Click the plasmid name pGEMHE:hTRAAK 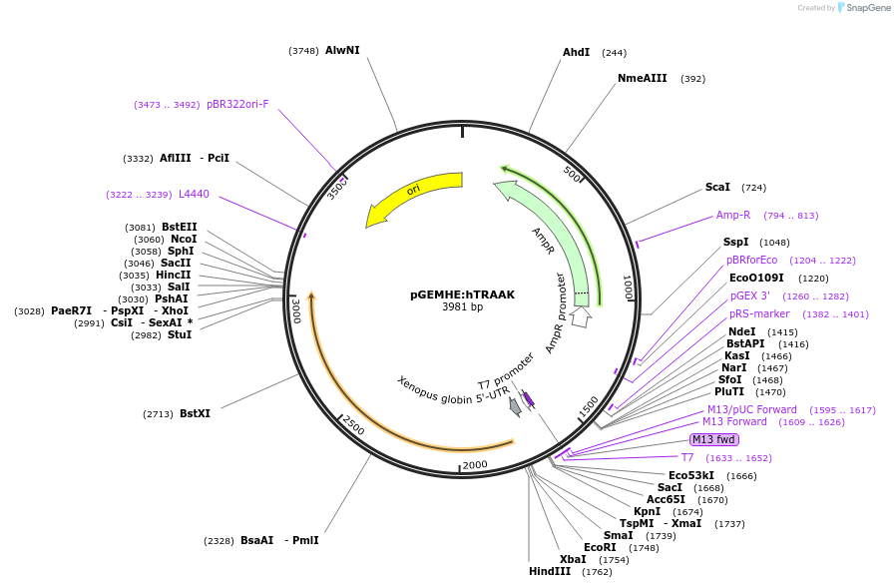point(462,294)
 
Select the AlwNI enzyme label point(342,50)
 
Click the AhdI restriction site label point(576,52)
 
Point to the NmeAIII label point(642,78)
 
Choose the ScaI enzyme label point(717,187)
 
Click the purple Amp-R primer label point(732,215)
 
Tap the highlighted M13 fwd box point(713,439)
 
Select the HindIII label point(550,572)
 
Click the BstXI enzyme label point(195,413)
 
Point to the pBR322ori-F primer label point(237,104)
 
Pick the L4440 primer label point(194,194)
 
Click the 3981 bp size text point(462,307)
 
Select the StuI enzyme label point(180,334)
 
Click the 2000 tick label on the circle point(475,464)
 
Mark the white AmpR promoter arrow point(582,317)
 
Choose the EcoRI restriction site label point(600,547)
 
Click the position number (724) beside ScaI point(753,188)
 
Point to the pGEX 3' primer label point(749,295)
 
